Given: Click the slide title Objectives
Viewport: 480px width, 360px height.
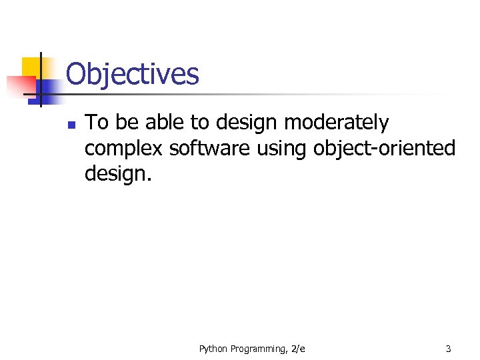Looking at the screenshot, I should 132,74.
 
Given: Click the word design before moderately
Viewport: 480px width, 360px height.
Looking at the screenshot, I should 247,123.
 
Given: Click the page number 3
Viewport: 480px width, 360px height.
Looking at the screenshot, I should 448,349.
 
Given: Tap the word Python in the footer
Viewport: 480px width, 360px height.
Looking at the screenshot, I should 214,349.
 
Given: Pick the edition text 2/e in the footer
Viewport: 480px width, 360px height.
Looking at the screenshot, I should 298,349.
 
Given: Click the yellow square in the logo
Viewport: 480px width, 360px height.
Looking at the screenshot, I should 31,67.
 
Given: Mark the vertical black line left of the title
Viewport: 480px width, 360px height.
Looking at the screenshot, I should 41,80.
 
